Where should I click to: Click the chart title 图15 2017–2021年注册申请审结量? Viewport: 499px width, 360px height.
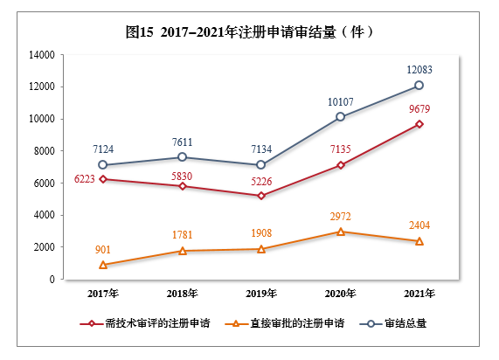tap(250, 31)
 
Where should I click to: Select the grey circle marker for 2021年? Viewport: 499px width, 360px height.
tap(419, 86)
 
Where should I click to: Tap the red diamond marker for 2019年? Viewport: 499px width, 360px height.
tap(261, 196)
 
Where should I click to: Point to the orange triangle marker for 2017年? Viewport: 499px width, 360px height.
tap(103, 265)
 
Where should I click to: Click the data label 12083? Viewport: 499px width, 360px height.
tap(419, 69)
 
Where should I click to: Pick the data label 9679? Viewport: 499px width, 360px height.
tap(419, 109)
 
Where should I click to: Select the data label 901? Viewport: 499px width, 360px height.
tap(103, 249)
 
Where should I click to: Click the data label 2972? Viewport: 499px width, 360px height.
tap(341, 216)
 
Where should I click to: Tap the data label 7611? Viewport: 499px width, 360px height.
tap(182, 142)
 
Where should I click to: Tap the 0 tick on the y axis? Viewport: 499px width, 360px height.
tap(53, 280)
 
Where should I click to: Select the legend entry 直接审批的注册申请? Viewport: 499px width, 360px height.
tap(284, 323)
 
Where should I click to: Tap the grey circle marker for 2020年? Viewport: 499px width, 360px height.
tap(341, 117)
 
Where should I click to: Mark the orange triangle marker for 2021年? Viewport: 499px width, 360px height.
tap(419, 241)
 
